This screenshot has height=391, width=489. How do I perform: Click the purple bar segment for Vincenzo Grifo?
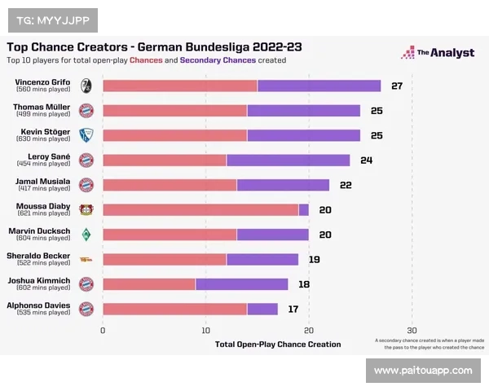tap(319, 86)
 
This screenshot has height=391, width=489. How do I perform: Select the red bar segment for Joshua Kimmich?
tap(149, 284)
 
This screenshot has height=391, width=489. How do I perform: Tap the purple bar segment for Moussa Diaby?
tap(304, 209)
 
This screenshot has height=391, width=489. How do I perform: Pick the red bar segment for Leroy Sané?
tap(165, 160)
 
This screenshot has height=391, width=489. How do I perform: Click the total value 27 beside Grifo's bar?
tap(397, 86)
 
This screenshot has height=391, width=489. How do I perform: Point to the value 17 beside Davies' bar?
tap(293, 310)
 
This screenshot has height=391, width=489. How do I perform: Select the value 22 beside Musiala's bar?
tap(346, 185)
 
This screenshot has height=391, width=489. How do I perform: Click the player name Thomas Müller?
tap(42, 107)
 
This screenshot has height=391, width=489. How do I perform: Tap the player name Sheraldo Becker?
tap(39, 256)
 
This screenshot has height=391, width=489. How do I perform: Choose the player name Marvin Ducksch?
tap(39, 231)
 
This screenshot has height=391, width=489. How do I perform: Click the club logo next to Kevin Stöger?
tap(86, 135)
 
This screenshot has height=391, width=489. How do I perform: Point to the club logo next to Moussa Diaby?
tap(86, 209)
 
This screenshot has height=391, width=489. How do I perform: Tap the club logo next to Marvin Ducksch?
tap(86, 235)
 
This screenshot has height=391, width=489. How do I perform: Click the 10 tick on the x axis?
tap(206, 330)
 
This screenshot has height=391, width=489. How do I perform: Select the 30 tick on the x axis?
tap(412, 330)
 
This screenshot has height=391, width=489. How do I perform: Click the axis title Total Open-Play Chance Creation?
tap(278, 345)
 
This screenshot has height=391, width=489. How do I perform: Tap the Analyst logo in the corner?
tap(437, 53)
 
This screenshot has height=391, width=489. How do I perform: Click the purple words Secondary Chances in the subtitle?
tap(218, 60)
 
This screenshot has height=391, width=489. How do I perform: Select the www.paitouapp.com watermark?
tap(423, 371)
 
